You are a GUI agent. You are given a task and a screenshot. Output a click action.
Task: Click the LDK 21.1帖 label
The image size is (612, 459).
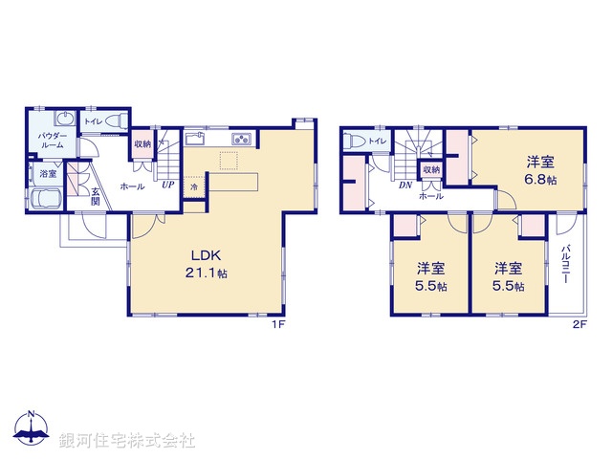[208, 264]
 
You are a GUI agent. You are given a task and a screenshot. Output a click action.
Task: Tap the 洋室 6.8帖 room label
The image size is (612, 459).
[539, 170]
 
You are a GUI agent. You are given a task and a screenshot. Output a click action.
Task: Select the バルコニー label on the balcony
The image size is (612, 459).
[566, 267]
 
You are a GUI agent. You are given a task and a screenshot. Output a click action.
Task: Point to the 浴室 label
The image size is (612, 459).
[47, 174]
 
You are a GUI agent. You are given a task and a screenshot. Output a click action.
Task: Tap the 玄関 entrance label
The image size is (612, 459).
[96, 195]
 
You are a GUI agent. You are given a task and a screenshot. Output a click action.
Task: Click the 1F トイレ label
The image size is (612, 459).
[93, 121]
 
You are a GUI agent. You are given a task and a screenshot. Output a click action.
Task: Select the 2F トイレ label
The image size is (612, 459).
[378, 142]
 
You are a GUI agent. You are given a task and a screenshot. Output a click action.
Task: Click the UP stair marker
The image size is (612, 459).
[167, 185]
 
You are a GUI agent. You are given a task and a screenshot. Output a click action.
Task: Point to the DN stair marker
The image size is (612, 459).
[405, 186]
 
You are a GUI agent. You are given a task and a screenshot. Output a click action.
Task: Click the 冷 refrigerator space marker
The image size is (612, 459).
[194, 188]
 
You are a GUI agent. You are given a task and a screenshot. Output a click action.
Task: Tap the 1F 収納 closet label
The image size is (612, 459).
[142, 144]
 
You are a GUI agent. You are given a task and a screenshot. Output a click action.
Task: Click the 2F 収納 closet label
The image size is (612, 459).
[431, 170]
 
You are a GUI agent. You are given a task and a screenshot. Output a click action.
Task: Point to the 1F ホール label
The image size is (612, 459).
[132, 186]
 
